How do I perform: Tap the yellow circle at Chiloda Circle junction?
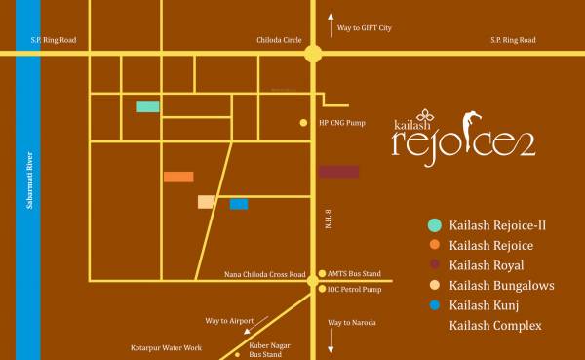(312, 55)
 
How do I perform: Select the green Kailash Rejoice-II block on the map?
(148, 106)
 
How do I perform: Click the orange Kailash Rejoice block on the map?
(178, 177)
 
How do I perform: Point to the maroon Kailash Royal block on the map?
(338, 172)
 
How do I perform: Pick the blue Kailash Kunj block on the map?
(239, 204)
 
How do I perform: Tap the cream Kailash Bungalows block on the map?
(206, 202)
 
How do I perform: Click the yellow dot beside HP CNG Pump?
(303, 123)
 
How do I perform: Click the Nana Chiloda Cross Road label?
(262, 275)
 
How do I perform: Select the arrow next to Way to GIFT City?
(330, 19)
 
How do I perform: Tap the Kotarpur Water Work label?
(167, 347)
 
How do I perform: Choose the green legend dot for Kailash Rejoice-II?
(434, 225)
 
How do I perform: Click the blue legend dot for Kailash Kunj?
(434, 305)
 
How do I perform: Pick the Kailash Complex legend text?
(495, 325)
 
